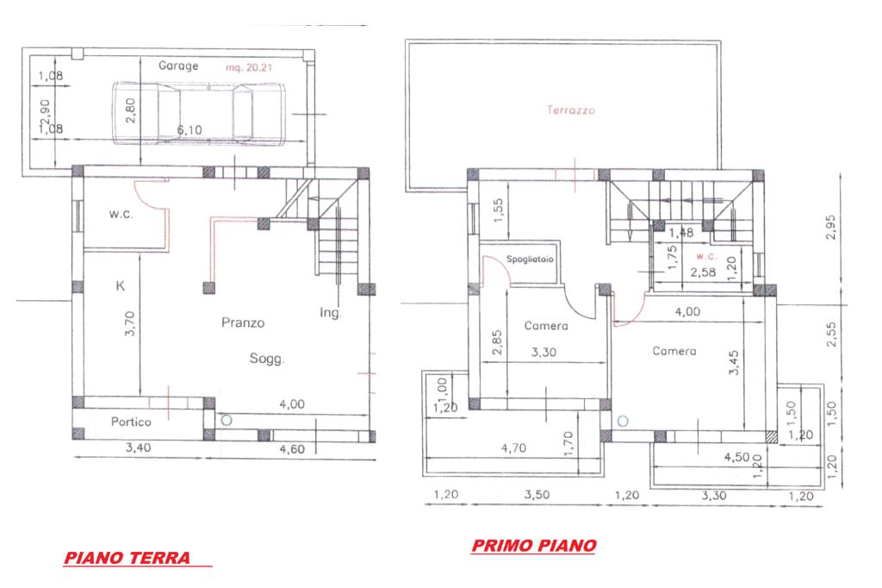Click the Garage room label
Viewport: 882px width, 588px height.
178,66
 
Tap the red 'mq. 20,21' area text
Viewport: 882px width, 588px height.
249,67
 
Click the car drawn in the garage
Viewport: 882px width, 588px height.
199,113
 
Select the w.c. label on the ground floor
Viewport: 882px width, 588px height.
121,214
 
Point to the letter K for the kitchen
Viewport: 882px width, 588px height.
120,286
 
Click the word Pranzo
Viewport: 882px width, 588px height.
242,322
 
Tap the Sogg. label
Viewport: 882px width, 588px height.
267,359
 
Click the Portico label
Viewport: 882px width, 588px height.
131,422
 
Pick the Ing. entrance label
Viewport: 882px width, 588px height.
330,313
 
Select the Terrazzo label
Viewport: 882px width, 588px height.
571,110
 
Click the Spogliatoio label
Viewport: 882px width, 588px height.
530,259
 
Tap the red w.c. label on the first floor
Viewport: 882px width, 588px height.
706,256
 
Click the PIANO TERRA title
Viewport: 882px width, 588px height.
127,558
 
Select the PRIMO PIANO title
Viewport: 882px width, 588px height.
534,545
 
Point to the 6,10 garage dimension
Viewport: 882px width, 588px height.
189,130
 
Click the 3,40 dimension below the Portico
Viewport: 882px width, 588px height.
138,447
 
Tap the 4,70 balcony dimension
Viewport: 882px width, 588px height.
513,448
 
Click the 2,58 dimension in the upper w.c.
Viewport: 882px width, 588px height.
703,272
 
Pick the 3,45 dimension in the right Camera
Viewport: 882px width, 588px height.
734,363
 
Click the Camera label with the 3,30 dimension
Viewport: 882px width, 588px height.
545,326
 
